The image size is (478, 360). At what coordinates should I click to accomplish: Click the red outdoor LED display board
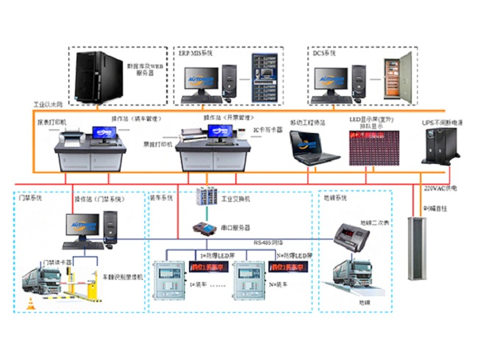374,146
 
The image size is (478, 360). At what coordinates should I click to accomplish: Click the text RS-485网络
269,241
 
